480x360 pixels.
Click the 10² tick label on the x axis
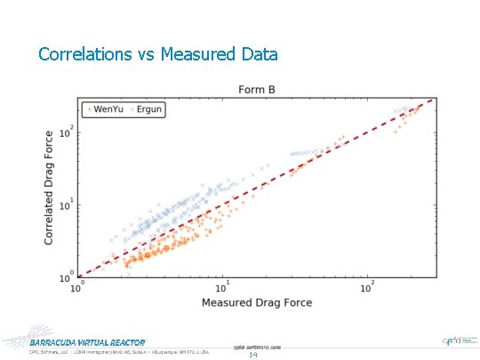tap(367, 286)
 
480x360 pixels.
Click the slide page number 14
tap(252, 355)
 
